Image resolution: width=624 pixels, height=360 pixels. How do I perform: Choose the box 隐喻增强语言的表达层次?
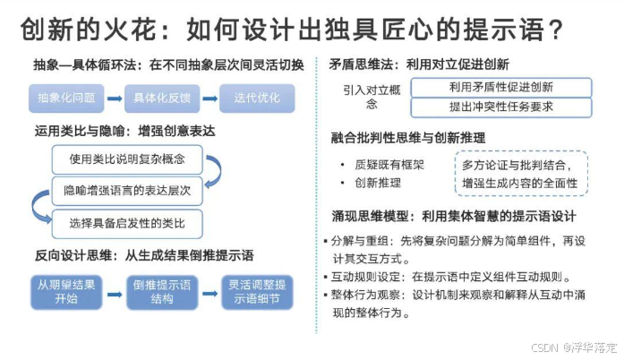(x=125, y=191)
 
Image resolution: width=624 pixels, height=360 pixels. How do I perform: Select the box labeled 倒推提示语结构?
(x=163, y=291)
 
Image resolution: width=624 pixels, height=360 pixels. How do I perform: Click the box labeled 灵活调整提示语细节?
(x=259, y=291)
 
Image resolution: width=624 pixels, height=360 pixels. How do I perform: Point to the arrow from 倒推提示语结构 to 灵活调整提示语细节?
(x=210, y=291)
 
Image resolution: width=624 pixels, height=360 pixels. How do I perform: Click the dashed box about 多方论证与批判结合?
(x=520, y=175)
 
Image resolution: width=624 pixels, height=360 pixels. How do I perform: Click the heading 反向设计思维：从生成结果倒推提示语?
(x=144, y=255)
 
